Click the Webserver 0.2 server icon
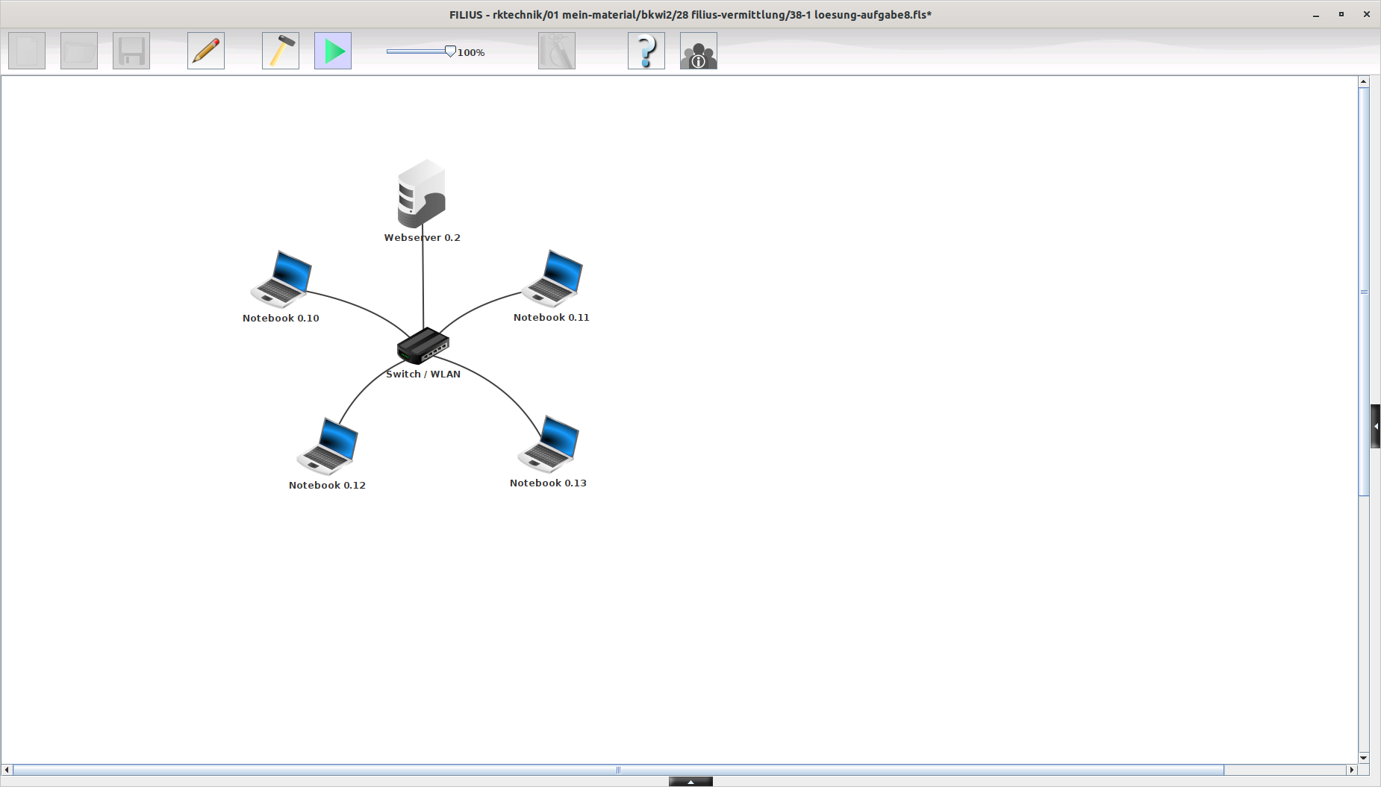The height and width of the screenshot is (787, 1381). point(422,194)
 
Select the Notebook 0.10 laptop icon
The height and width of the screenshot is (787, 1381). point(281,279)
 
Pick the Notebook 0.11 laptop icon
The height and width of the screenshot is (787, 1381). point(552,278)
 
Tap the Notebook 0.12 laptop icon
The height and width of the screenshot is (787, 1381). point(328,446)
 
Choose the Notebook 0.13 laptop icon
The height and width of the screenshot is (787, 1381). point(549,444)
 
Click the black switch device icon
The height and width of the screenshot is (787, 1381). point(423,345)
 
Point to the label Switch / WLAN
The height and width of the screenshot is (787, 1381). point(423,374)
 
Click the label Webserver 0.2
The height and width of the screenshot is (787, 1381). point(423,238)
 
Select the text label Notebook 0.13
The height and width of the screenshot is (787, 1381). point(548,483)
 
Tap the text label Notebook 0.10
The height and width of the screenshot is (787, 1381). point(281,319)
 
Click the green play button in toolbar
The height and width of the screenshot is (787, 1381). point(333,51)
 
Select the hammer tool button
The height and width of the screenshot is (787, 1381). point(281,51)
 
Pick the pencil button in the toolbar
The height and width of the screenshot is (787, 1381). point(206,51)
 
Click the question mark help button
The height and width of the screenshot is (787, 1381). point(646,51)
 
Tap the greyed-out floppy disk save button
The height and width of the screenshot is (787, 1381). point(131,51)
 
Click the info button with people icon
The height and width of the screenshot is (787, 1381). point(699,51)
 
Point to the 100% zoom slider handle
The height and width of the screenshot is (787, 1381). point(450,51)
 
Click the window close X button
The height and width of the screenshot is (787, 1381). point(1367,14)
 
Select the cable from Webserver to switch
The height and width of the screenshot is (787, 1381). point(423,283)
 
